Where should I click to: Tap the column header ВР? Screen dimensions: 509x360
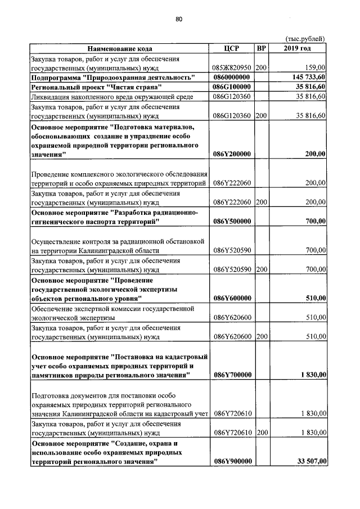click(261, 48)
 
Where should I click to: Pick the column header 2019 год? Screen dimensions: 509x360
click(298, 48)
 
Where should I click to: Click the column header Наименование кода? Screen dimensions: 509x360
click(119, 48)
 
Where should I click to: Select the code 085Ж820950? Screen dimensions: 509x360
click(232, 67)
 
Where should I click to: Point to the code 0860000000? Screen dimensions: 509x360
click(232, 77)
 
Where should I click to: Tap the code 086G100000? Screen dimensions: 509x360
click(232, 87)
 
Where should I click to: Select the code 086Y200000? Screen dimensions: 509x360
click(232, 154)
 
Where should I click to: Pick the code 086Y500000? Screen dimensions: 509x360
click(232, 222)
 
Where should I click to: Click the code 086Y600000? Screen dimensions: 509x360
click(232, 298)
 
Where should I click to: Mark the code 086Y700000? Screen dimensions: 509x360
click(232, 375)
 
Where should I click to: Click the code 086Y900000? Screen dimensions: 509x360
click(232, 462)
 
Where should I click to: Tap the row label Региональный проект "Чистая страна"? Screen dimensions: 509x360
click(97, 87)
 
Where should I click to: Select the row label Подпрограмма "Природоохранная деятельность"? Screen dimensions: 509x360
click(112, 77)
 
